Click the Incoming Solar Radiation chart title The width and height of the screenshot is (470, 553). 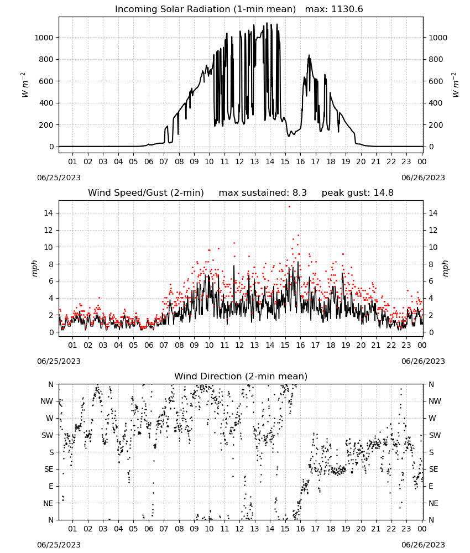(205, 9)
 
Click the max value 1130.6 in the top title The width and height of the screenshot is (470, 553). (347, 9)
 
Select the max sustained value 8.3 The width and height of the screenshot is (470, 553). (300, 193)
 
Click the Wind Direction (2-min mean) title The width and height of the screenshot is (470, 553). (241, 376)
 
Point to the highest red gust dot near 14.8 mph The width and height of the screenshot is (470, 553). (290, 207)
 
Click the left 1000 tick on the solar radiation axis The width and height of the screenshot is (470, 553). (44, 38)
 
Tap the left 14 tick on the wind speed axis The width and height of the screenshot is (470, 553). (49, 213)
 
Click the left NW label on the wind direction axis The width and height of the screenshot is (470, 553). (47, 401)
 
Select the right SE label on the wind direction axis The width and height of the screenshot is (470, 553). (434, 469)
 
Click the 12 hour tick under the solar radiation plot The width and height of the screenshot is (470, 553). (239, 161)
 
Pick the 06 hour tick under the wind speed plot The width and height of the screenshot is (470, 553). (149, 345)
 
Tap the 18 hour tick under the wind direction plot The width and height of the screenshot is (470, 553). (331, 529)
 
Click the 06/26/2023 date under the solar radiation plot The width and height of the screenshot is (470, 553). (423, 178)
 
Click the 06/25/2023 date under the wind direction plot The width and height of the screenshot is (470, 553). (59, 545)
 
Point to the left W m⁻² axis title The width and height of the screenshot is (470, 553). (24, 85)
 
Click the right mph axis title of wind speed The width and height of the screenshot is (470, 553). (445, 269)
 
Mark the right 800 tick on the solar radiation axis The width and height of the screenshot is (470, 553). (436, 60)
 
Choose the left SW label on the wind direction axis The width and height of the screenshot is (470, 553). (48, 436)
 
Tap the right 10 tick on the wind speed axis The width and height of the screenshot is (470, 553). (433, 247)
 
